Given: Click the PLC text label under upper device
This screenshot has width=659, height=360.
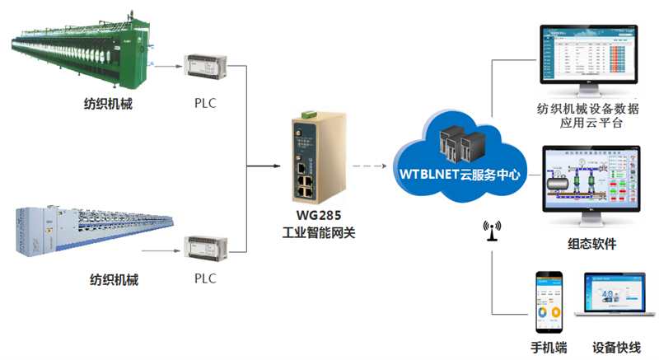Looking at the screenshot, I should tap(204, 105).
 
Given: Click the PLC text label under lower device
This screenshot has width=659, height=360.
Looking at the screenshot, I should tap(204, 278).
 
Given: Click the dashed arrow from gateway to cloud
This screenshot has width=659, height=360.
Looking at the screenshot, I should tap(370, 166).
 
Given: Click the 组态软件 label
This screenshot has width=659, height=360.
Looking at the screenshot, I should tap(591, 245).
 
